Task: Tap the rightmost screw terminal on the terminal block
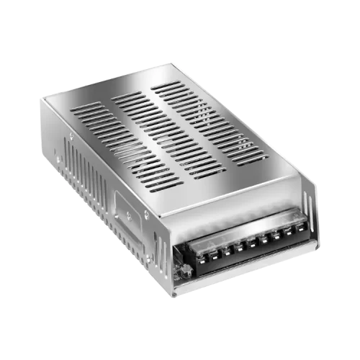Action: pos(300,228)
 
